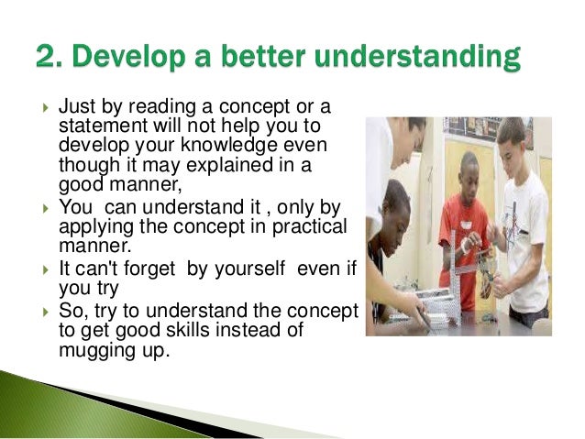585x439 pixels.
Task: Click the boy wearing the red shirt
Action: pos(462,220)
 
